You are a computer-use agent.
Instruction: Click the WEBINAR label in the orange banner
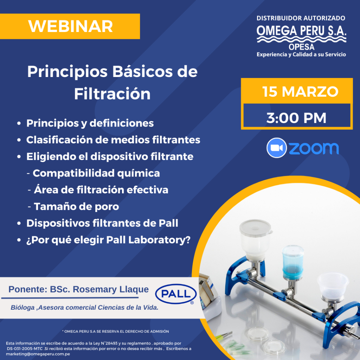(70, 26)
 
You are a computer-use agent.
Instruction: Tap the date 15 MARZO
(300, 92)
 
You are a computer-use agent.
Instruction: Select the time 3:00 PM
(296, 118)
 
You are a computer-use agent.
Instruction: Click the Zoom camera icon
(277, 148)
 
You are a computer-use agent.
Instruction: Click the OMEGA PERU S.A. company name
(301, 31)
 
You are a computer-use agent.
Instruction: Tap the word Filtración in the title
(112, 94)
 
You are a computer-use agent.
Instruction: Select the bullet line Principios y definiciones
(90, 123)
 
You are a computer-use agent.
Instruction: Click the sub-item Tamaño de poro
(76, 206)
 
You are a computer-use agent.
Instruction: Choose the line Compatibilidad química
(96, 173)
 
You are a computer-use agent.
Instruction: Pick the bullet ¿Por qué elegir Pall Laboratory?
(108, 240)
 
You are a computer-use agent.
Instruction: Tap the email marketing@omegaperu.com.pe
(38, 354)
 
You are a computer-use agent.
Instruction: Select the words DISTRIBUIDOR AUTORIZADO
(301, 18)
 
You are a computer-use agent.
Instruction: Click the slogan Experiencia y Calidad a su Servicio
(301, 54)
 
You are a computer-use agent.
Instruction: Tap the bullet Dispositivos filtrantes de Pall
(102, 223)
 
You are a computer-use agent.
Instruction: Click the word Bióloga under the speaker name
(23, 307)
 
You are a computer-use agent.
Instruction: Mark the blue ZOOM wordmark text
(314, 148)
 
